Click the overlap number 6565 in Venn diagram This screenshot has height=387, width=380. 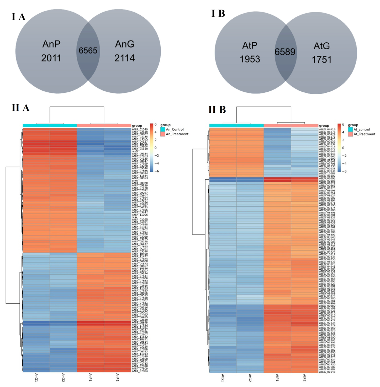point(88,50)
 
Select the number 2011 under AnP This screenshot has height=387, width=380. point(51,58)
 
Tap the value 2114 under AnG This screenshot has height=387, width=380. point(124,58)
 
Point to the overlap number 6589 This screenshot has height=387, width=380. point(285,52)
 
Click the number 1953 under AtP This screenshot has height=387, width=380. point(250,59)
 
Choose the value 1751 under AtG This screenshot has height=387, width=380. point(321,60)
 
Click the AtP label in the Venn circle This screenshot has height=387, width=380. point(250,45)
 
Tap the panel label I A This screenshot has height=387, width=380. point(18,17)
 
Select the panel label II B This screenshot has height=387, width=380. point(217,109)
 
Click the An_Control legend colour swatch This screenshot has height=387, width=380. point(163,129)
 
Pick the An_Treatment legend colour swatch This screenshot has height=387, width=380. point(163,134)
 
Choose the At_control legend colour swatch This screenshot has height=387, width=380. point(350,129)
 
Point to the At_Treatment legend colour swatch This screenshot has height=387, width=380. point(350,134)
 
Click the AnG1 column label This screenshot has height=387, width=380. point(36,377)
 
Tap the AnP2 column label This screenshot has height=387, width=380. point(117,377)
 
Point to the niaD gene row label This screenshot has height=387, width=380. point(135,151)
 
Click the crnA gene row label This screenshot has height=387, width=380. point(135,181)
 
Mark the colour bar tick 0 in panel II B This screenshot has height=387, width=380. point(343,148)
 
